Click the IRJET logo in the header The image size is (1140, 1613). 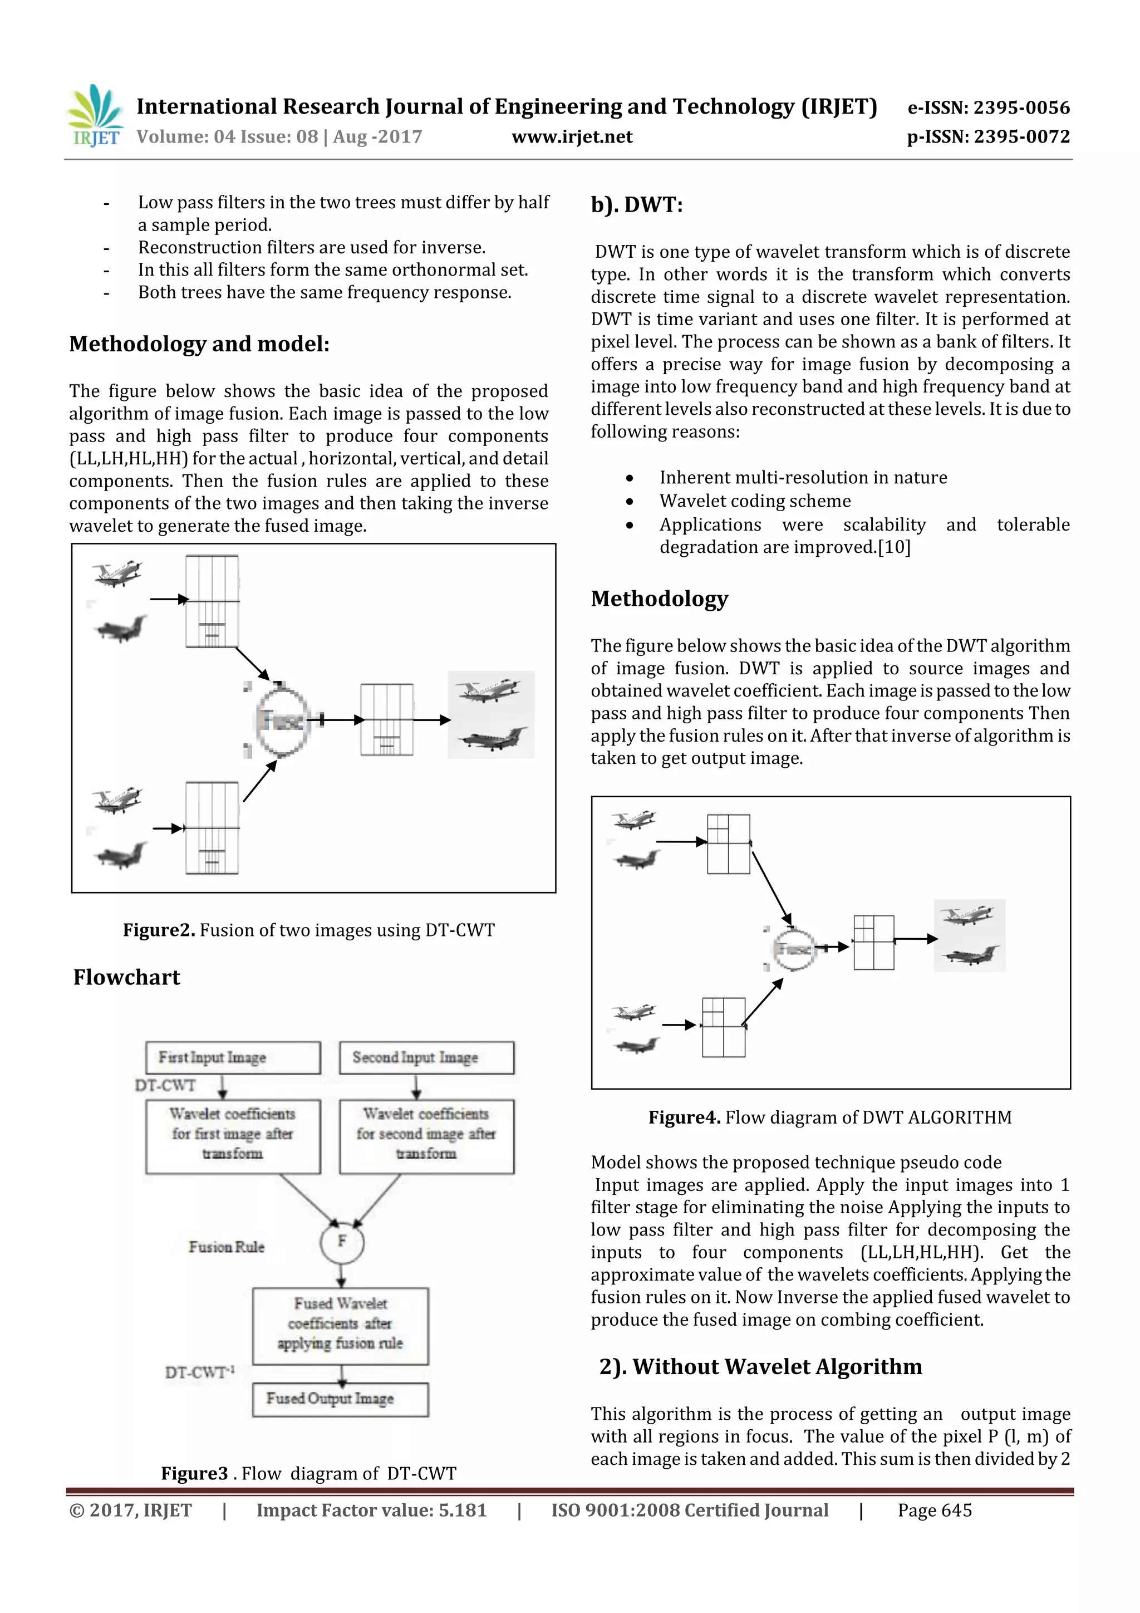click(x=95, y=116)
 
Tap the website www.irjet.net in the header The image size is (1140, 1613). click(x=572, y=137)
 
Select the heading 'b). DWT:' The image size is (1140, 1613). click(x=636, y=205)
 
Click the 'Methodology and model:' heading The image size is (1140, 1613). click(x=199, y=344)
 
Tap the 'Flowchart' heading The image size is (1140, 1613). click(x=126, y=977)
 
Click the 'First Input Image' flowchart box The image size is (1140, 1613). click(x=233, y=1057)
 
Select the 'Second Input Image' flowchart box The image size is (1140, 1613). click(x=426, y=1057)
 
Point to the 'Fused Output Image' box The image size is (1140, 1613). click(x=340, y=1399)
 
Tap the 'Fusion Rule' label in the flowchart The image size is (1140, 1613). click(x=226, y=1247)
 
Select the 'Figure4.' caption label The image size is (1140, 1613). click(x=684, y=1117)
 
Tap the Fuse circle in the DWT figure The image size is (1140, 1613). click(x=794, y=949)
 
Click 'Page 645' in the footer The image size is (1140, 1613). click(x=934, y=1511)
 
